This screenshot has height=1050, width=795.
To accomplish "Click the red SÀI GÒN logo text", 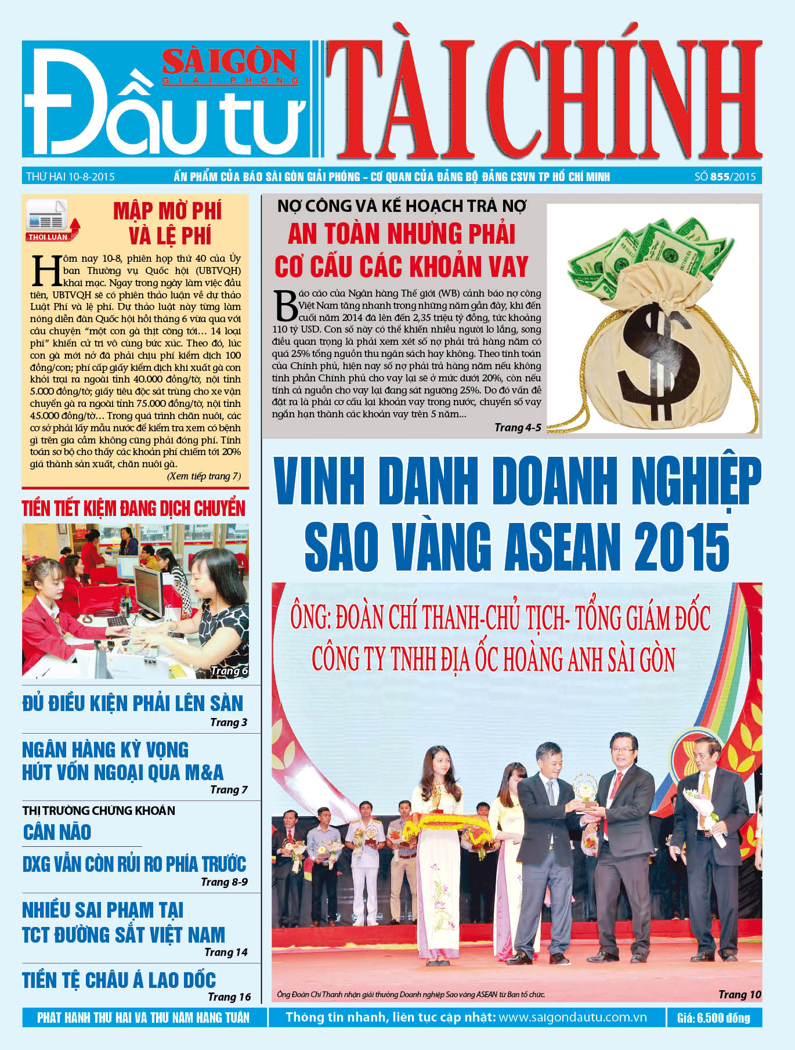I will [230, 62].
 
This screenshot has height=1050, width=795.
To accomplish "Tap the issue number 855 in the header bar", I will [720, 176].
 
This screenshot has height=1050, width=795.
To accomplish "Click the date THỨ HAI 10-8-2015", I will [70, 176].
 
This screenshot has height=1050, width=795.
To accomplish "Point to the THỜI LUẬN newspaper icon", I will [50, 219].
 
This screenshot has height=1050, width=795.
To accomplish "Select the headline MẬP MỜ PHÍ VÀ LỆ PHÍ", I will [168, 223].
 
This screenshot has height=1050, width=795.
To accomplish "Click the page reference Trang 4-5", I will [518, 428].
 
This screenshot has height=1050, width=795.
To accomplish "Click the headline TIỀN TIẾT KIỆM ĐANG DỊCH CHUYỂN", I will [133, 508].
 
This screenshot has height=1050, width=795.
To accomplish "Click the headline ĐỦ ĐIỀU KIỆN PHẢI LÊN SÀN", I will [133, 703].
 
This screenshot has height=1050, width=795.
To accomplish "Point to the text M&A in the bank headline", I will [204, 773].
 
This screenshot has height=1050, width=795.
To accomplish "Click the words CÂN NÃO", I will [57, 832].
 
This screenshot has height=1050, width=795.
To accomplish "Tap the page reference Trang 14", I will [226, 952].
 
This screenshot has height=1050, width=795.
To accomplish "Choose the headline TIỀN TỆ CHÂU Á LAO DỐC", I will [119, 980].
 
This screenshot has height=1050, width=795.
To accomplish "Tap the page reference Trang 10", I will [739, 994].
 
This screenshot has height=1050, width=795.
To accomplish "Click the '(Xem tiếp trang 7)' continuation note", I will [204, 477].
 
